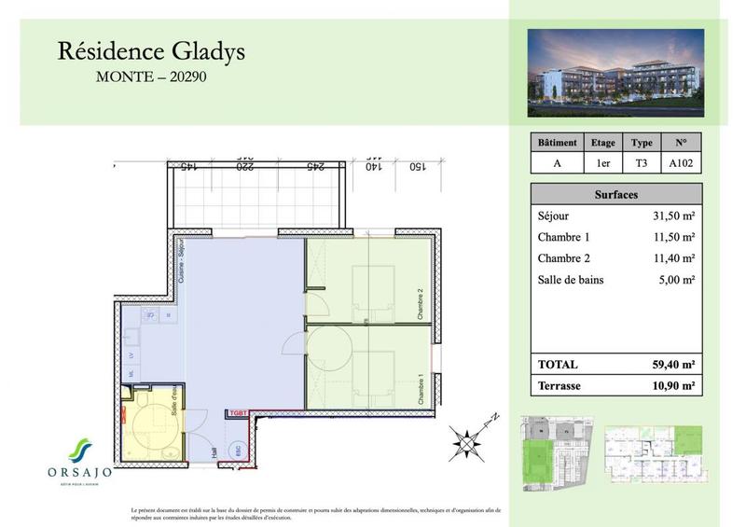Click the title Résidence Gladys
click(x=151, y=51)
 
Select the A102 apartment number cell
click(x=680, y=163)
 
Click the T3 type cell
click(x=641, y=163)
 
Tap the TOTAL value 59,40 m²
click(x=670, y=364)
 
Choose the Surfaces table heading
click(x=615, y=195)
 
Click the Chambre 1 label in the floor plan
click(x=421, y=384)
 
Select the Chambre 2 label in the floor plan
click(x=421, y=302)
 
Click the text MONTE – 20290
click(x=151, y=78)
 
